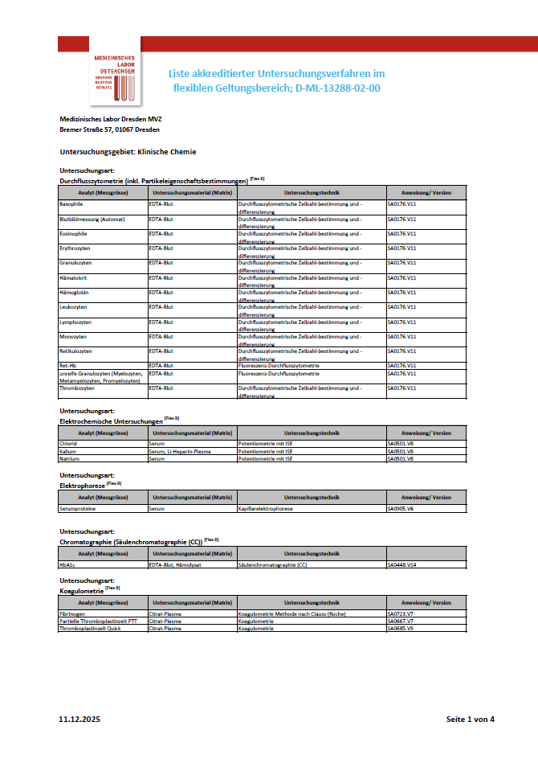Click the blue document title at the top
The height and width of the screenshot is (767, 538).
pyautogui.click(x=275, y=80)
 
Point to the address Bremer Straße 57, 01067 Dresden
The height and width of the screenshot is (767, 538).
pyautogui.click(x=109, y=129)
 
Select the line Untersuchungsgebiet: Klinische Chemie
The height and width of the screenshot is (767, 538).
pyautogui.click(x=128, y=151)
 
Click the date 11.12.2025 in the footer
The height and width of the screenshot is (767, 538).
pyautogui.click(x=79, y=718)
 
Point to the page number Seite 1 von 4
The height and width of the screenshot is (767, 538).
pyautogui.click(x=471, y=718)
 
